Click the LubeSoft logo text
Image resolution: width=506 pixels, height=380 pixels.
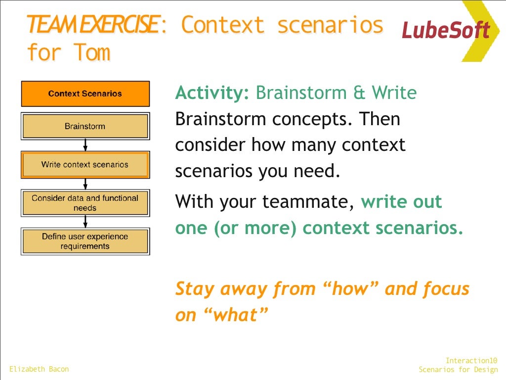pos(445,30)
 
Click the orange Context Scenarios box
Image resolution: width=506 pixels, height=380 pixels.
pos(85,94)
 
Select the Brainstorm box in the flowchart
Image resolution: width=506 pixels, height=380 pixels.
pos(85,126)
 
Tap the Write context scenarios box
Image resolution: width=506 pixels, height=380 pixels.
pos(85,165)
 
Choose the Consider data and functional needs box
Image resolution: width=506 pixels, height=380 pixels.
pos(85,203)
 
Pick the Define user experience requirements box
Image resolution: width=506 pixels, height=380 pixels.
pos(85,241)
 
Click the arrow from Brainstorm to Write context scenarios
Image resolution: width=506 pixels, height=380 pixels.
pos(85,145)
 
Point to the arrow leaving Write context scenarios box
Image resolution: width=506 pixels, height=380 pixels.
pos(85,184)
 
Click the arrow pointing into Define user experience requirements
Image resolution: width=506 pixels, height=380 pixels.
pos(85,222)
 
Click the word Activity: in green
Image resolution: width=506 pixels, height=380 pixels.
pos(212,93)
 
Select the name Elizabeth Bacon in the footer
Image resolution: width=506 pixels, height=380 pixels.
pos(39,369)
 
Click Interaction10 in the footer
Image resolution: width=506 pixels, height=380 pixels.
pos(471,361)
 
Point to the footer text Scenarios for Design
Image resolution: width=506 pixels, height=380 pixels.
pos(458,370)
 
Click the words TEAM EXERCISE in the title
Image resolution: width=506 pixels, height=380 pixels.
pos(93,25)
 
